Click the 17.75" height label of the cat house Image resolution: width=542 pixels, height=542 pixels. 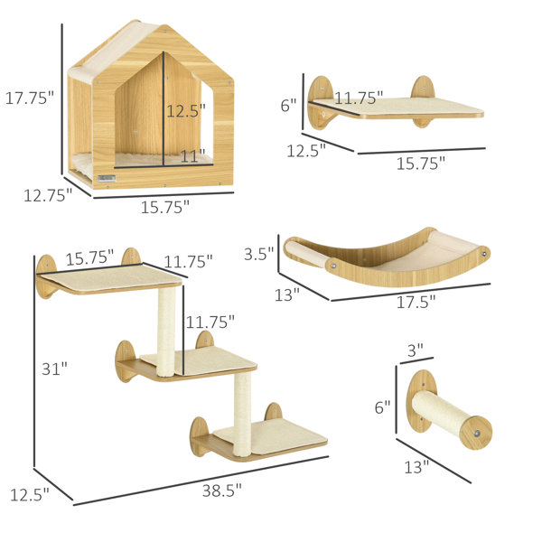coord(30,98)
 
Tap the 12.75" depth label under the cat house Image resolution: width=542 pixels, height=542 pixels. coord(48,196)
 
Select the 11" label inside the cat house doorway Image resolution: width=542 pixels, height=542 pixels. coord(193,156)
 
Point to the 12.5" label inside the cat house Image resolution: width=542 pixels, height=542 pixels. coord(186,110)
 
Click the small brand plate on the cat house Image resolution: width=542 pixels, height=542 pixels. coord(107,178)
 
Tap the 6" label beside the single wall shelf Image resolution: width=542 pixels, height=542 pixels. coord(289,105)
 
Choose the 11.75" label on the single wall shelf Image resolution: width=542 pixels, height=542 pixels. coord(359,98)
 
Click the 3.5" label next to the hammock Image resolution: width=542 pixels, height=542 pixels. coord(258,254)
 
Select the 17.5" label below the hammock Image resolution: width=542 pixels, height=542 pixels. coord(416,302)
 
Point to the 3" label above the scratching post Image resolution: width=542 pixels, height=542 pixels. coord(416,350)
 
